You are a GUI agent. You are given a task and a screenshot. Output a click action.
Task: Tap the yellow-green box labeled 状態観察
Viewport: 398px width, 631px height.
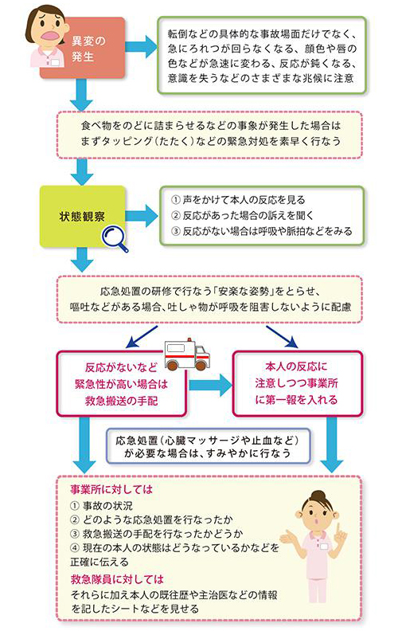pyautogui.click(x=83, y=215)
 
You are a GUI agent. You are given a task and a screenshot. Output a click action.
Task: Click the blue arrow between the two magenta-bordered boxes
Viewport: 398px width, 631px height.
pyautogui.click(x=209, y=385)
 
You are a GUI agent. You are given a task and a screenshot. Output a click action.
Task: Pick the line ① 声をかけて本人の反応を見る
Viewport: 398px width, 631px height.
pyautogui.click(x=238, y=199)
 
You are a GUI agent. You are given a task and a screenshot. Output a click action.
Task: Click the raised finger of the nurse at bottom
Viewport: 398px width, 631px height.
pyautogui.click(x=348, y=511)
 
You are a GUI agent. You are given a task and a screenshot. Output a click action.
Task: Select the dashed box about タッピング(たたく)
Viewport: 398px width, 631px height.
pyautogui.click(x=209, y=134)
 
